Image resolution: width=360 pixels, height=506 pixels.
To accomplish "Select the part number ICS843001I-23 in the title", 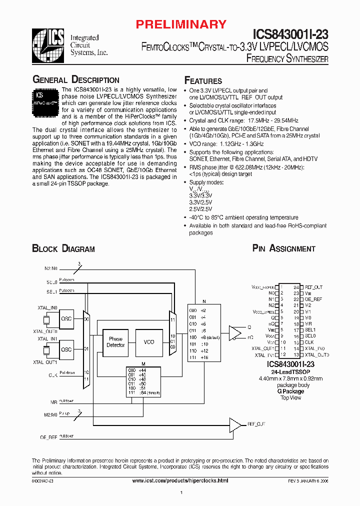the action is (290, 34).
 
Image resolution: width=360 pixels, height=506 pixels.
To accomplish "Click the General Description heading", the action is (75, 80).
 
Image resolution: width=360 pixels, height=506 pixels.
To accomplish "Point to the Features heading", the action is (203, 81).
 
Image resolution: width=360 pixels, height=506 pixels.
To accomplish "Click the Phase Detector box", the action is (115, 342).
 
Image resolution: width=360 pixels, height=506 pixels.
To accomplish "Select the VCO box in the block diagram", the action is (148, 342).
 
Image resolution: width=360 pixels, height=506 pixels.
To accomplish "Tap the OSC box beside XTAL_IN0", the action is (66, 318).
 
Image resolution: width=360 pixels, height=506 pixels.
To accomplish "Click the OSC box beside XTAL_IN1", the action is (66, 349).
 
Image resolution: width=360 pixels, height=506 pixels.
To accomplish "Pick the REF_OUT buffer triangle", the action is (234, 424).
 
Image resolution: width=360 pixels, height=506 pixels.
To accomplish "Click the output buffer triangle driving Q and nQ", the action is (234, 332).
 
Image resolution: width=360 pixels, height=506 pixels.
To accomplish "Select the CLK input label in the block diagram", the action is (52, 374).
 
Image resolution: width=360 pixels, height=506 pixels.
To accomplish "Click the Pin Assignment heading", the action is (283, 248).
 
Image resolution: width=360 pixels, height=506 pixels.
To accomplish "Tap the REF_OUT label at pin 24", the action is (313, 287).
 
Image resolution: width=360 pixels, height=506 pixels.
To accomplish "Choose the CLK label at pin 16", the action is (309, 342).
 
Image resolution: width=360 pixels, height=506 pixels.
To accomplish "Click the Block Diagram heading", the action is (63, 248).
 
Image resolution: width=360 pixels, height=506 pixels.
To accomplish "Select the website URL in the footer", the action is (180, 480).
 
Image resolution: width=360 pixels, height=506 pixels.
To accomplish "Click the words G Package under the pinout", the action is (290, 391).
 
